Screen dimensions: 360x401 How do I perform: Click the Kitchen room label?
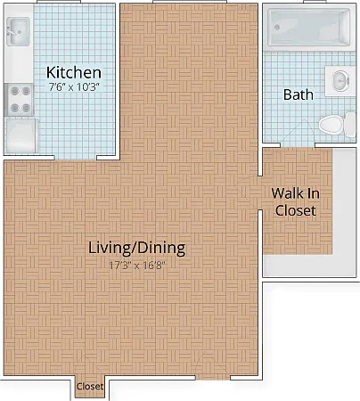point(74,72)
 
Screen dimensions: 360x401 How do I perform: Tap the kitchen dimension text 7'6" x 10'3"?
point(74,87)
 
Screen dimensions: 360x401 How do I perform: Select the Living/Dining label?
point(137,248)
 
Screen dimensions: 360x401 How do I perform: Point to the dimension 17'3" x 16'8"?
point(136,265)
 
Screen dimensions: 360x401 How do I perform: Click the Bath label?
point(299,94)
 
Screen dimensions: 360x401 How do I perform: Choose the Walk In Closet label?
point(296,202)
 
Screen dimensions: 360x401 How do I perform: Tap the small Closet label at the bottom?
point(90,386)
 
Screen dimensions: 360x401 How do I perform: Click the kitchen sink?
point(18,31)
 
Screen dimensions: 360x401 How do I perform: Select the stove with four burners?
point(19,100)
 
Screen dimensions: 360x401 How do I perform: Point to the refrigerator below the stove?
point(20,135)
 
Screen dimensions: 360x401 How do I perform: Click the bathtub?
point(309,28)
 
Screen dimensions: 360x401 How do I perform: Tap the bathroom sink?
point(340,80)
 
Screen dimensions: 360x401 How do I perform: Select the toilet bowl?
point(331,125)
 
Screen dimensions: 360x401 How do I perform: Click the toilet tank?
point(350,125)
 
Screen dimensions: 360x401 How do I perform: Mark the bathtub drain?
point(277,28)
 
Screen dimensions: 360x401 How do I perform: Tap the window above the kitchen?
point(59,2)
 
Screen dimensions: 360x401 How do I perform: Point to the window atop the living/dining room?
point(190,2)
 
